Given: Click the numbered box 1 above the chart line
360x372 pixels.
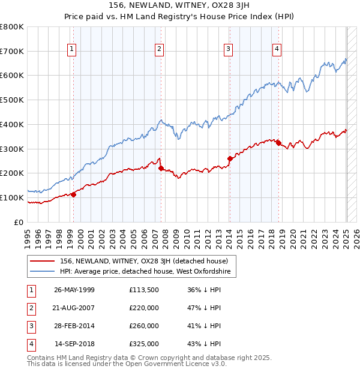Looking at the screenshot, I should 71,49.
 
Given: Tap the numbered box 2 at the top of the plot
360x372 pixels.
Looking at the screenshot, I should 159,49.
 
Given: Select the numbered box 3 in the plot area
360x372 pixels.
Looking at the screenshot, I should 229,49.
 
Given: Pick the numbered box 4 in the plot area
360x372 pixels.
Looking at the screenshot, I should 277,49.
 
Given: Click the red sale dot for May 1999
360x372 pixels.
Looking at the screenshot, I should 74,194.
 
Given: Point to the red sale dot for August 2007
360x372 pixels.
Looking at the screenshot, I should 161,168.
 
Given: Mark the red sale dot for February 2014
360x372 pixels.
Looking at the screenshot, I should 230,158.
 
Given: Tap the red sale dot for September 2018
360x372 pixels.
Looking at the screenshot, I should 278,143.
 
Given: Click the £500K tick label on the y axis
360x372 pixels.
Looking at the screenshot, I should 12,100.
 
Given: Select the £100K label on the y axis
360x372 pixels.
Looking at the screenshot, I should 12,197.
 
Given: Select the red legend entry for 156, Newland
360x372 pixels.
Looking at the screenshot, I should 143,262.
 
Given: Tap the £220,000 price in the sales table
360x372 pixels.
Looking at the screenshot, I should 144,308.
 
